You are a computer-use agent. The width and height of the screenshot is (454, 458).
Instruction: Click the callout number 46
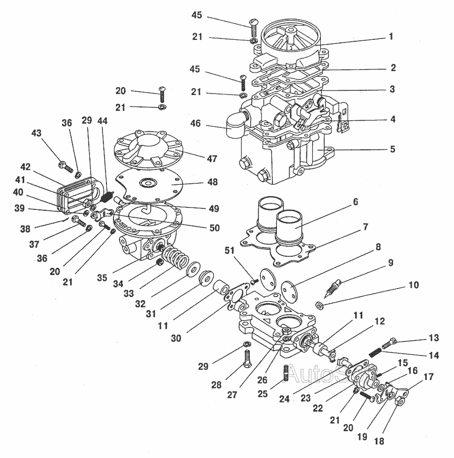[195, 123]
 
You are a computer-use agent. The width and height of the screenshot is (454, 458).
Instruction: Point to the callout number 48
[212, 182]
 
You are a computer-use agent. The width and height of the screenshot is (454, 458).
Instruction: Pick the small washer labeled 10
[320, 306]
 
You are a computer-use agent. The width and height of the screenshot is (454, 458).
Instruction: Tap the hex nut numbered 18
[400, 402]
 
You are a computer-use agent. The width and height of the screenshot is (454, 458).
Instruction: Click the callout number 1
[391, 36]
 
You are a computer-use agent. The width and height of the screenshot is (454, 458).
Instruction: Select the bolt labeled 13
[389, 342]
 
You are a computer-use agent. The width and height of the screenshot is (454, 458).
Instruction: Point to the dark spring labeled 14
[375, 352]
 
